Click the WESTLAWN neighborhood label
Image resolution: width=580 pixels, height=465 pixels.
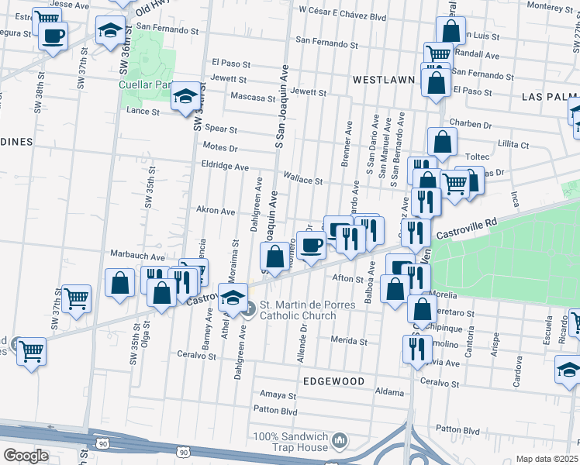pos(381,79)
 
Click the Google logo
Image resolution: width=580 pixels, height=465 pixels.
pos(26,456)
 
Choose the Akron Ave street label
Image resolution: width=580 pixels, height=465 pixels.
pos(216,210)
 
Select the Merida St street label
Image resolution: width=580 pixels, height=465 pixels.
pos(348,341)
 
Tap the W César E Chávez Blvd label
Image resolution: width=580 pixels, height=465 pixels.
pos(342,15)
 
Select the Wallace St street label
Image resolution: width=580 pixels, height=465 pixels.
pos(303,180)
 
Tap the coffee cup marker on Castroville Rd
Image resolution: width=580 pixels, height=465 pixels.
pos(311,245)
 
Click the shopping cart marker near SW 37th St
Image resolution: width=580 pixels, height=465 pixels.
pos(76,298)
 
